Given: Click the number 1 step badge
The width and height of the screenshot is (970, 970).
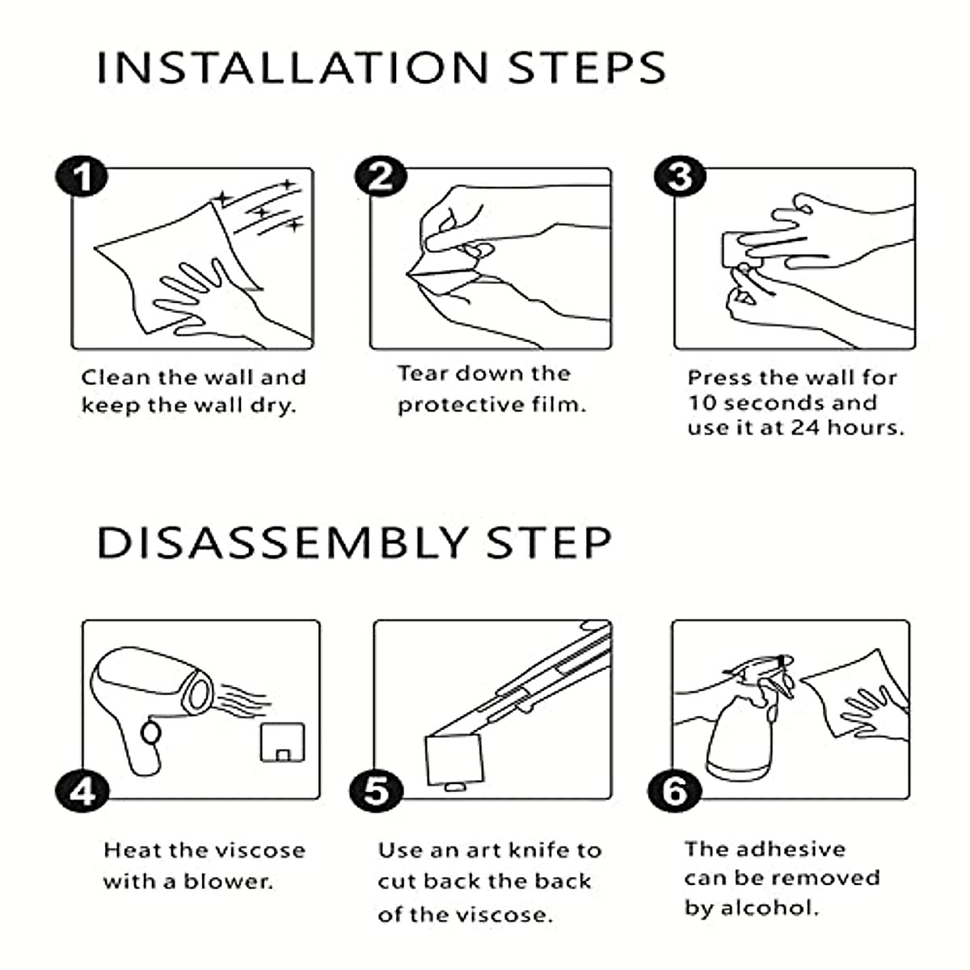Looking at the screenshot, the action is pyautogui.click(x=82, y=176).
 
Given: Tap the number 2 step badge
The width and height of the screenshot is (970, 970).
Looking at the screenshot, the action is pyautogui.click(x=381, y=176).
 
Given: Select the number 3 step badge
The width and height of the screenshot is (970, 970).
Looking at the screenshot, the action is pyautogui.click(x=680, y=176).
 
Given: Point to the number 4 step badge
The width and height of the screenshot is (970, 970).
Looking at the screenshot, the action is pyautogui.click(x=82, y=792).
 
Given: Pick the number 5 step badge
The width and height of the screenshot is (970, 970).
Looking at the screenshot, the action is pyautogui.click(x=376, y=792).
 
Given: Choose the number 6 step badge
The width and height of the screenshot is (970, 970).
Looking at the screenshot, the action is pyautogui.click(x=674, y=792).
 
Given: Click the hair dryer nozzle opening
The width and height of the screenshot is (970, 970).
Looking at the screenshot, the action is pyautogui.click(x=198, y=696).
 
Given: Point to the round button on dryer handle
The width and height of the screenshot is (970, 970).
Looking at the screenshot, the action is pyautogui.click(x=151, y=733).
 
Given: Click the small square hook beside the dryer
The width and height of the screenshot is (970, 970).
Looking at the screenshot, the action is pyautogui.click(x=282, y=742).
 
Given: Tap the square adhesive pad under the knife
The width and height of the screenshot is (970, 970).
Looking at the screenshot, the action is pyautogui.click(x=454, y=760).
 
